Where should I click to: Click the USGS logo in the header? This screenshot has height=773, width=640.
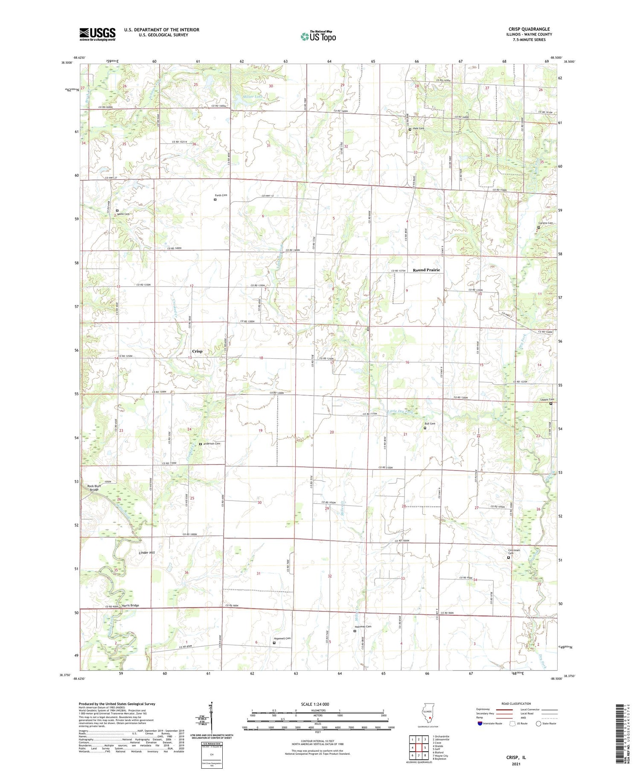(x=97, y=34)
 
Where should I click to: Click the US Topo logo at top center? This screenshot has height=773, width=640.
(x=318, y=36)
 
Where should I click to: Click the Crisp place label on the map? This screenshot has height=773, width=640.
(x=197, y=351)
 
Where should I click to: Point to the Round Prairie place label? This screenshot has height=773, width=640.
(x=426, y=270)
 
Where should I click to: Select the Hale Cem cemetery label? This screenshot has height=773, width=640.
(x=419, y=128)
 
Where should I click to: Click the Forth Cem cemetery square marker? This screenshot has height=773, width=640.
(x=215, y=200)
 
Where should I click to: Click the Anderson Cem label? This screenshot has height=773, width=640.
(x=212, y=444)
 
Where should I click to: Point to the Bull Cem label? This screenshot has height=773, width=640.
(x=430, y=423)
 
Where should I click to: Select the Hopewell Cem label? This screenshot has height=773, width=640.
(x=282, y=638)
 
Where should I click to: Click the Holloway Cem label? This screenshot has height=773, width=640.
(x=363, y=626)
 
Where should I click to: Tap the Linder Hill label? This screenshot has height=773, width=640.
(x=147, y=553)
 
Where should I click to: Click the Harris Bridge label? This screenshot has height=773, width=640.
(x=130, y=605)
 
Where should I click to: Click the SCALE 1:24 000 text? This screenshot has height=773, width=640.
(x=315, y=704)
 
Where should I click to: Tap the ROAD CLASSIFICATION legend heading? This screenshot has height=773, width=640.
(x=516, y=704)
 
